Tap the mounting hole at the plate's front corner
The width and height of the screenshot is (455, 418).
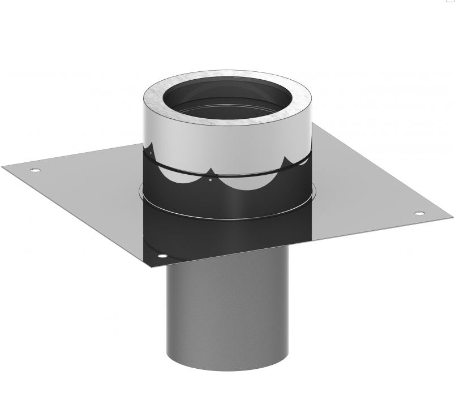[162, 257]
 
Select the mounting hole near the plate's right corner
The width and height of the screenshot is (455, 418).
[419, 213]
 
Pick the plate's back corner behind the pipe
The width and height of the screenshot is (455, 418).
[315, 126]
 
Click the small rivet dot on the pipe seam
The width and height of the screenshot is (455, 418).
[210, 180]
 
